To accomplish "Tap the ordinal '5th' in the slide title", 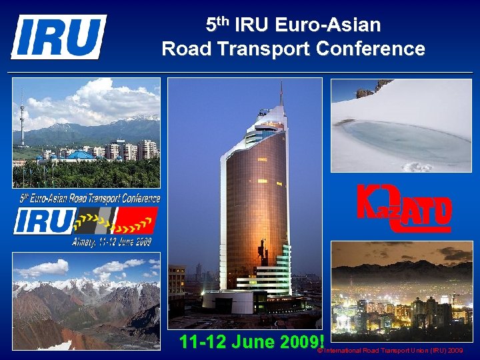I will pyautogui.click(x=217, y=25).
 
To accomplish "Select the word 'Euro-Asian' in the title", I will pyautogui.click(x=340, y=26).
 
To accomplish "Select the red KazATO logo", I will pyautogui.click(x=404, y=207).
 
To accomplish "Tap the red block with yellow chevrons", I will pyautogui.click(x=137, y=220).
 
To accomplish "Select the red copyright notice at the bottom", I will pyautogui.click(x=390, y=350).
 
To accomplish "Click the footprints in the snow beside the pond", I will pyautogui.click(x=417, y=167).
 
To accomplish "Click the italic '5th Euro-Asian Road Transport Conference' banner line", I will pyautogui.click(x=89, y=198).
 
